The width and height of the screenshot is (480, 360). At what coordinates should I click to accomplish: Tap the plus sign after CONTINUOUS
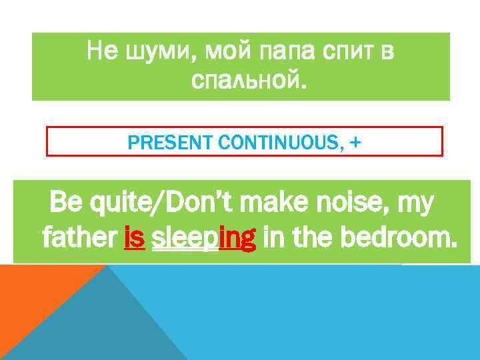click(x=351, y=141)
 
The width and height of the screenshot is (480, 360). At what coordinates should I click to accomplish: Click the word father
click(x=80, y=236)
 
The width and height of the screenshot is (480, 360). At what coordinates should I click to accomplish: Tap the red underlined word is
click(x=134, y=236)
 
